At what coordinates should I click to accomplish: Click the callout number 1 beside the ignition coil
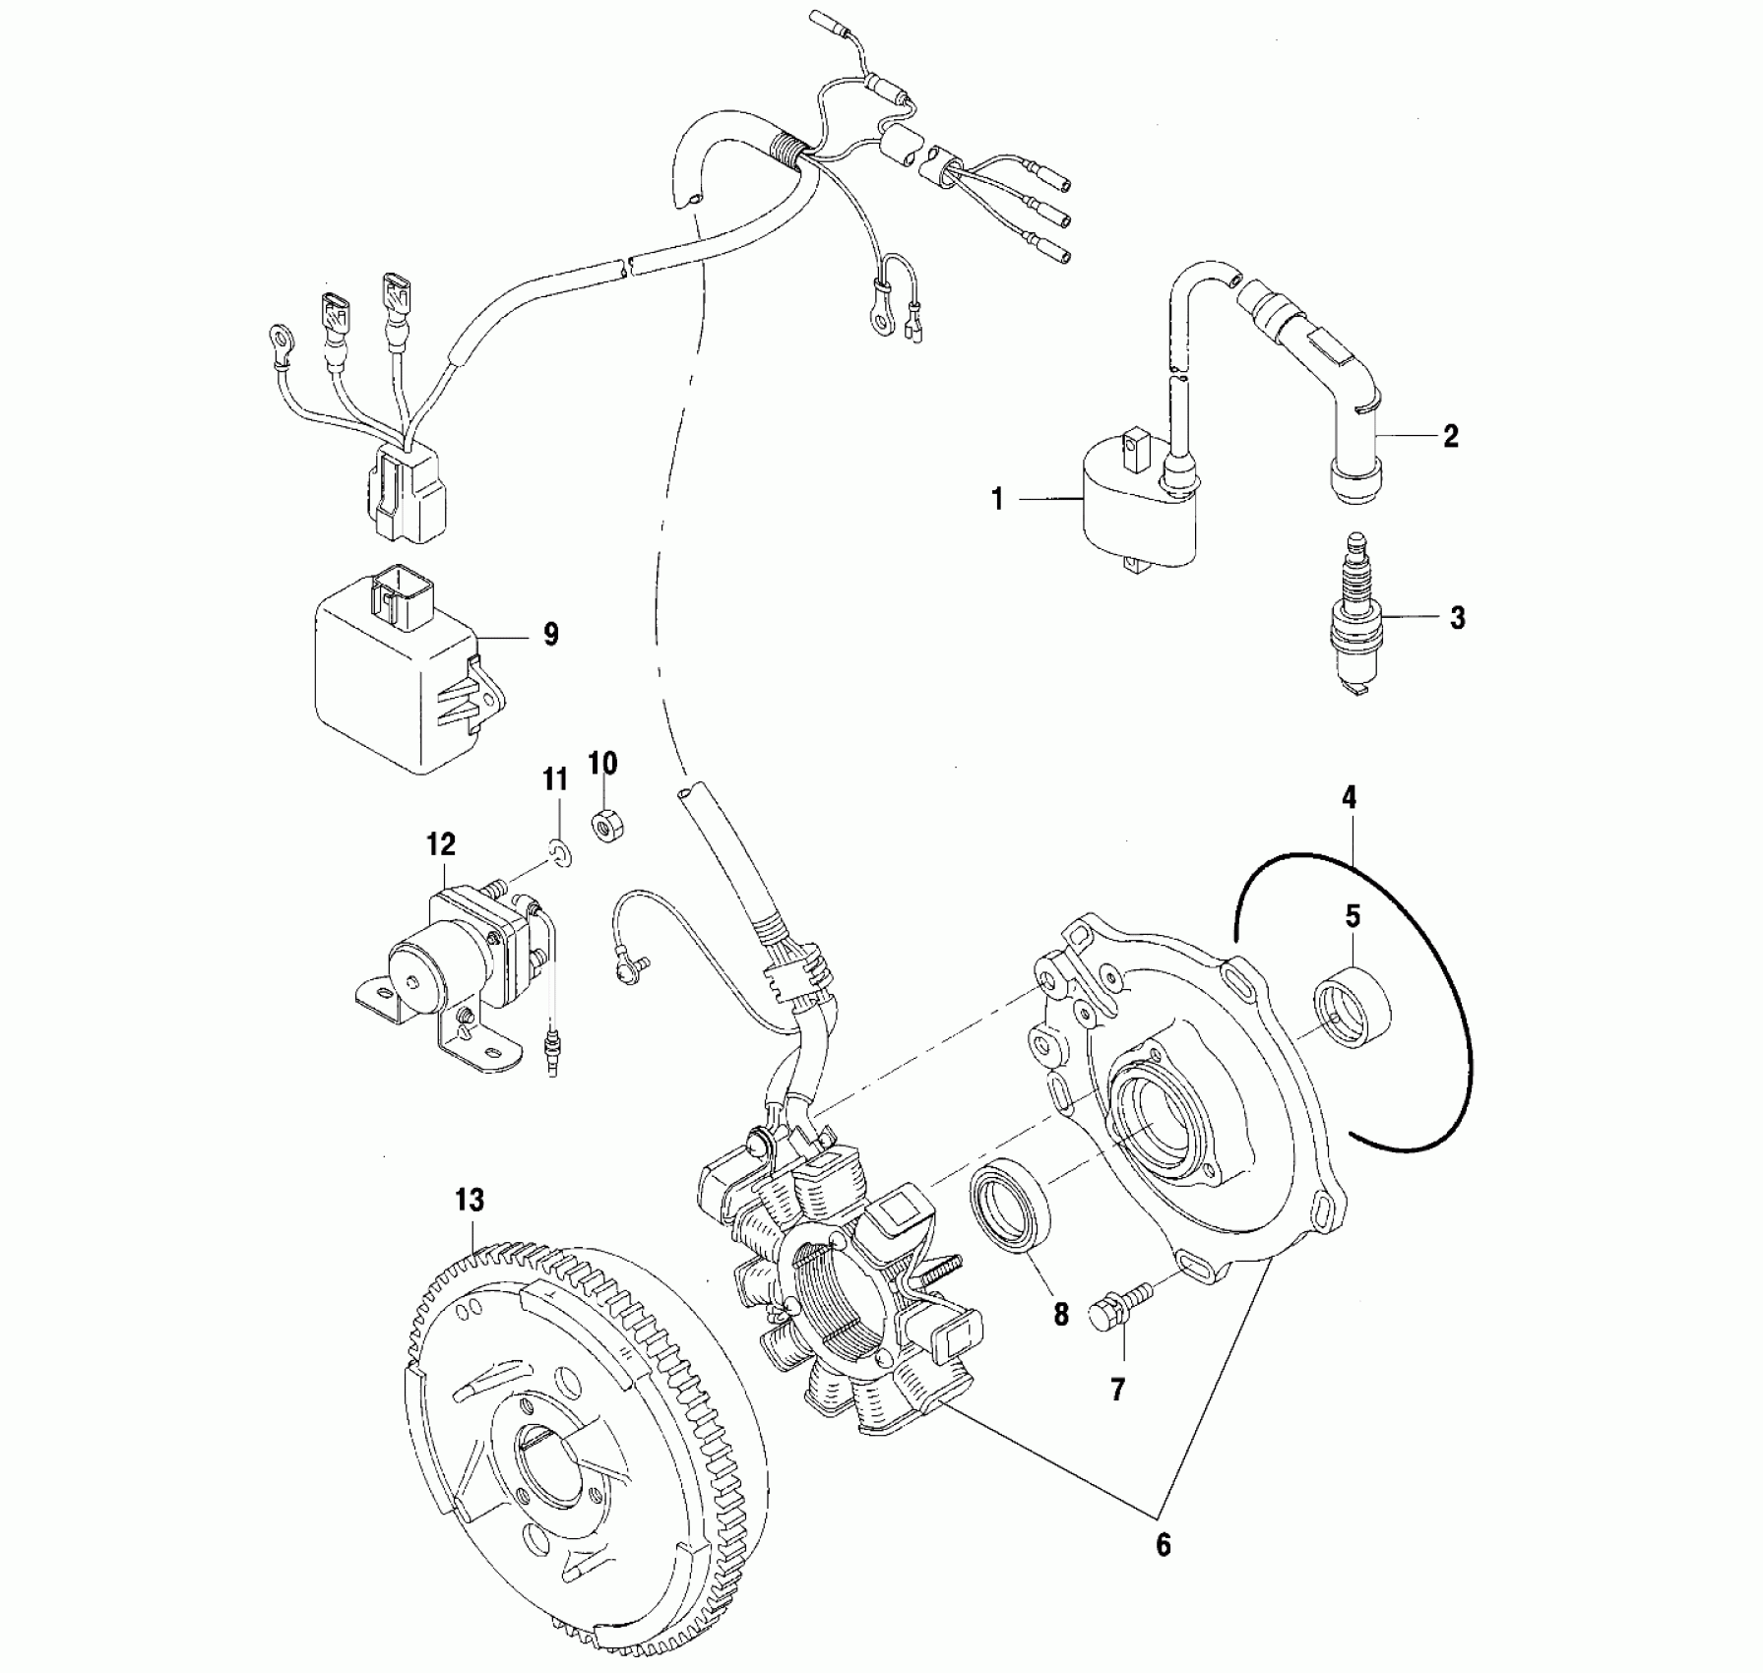click(997, 500)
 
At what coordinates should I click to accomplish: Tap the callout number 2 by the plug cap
click(1451, 436)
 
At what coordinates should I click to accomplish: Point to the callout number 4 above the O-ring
click(1349, 797)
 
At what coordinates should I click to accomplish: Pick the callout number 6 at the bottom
click(1163, 1544)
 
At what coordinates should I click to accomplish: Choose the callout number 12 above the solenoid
click(441, 843)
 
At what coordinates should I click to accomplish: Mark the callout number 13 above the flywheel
click(470, 1200)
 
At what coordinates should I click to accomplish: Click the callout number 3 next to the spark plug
click(1457, 618)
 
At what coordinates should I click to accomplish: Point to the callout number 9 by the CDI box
click(551, 635)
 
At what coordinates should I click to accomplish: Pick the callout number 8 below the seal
click(1061, 1314)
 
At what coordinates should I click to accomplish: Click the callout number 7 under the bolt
click(1117, 1389)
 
